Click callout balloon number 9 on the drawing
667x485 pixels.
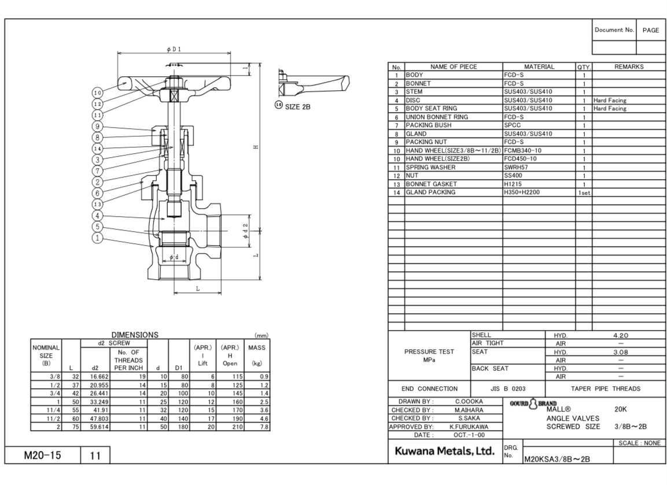point(98,127)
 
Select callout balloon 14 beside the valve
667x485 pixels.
point(98,149)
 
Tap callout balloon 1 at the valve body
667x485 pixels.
point(98,238)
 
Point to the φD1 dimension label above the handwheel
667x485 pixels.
point(174,49)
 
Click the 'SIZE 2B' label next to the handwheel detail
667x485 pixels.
point(297,107)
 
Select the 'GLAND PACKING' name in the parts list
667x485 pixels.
point(430,192)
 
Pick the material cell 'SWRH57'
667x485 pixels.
point(516,168)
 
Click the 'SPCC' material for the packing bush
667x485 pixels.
point(512,125)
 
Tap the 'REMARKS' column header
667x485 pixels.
point(628,67)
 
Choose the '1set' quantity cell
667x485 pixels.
point(584,193)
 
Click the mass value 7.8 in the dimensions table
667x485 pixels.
point(263,427)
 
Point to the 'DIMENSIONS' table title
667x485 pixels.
point(134,335)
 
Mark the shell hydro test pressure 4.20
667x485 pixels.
point(620,335)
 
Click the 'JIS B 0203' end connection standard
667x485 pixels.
point(508,388)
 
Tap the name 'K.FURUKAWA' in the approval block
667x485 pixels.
point(469,427)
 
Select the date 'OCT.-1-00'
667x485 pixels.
point(469,435)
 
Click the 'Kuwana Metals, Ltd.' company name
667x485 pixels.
point(444,451)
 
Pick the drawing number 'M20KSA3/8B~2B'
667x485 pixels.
point(557,459)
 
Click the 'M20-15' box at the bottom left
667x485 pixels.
point(42,455)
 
